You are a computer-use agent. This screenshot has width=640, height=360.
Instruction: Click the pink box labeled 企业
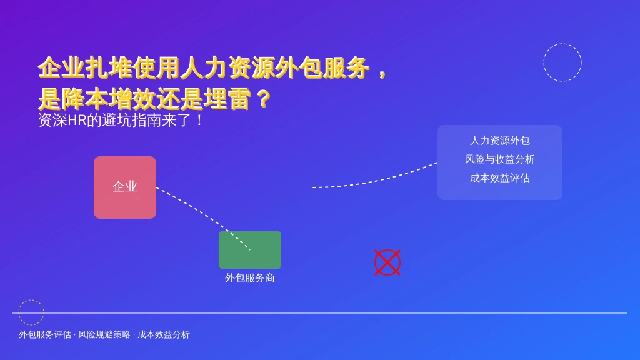[125, 187]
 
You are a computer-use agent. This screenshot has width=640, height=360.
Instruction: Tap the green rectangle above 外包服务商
[250, 250]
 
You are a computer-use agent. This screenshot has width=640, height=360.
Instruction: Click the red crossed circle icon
[387, 262]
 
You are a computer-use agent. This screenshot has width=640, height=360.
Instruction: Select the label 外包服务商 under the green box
[250, 278]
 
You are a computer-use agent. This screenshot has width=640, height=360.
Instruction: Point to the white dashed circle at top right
[562, 44]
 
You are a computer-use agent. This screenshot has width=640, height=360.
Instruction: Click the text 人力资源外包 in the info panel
[500, 141]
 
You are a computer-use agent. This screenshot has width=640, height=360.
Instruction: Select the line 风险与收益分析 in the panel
[500, 159]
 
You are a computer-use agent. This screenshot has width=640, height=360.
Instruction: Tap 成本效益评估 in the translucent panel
[500, 178]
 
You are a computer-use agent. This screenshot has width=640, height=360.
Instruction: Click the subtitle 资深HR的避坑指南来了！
[121, 120]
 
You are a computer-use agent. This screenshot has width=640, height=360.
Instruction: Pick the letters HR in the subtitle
[77, 121]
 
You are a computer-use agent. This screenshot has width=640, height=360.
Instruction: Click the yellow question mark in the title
[264, 99]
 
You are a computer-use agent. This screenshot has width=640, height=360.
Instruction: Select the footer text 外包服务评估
[45, 335]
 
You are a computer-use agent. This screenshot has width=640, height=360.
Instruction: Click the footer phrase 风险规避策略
[104, 335]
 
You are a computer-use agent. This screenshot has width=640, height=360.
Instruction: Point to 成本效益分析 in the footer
[164, 335]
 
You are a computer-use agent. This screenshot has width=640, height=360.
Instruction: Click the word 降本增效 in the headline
[109, 99]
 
